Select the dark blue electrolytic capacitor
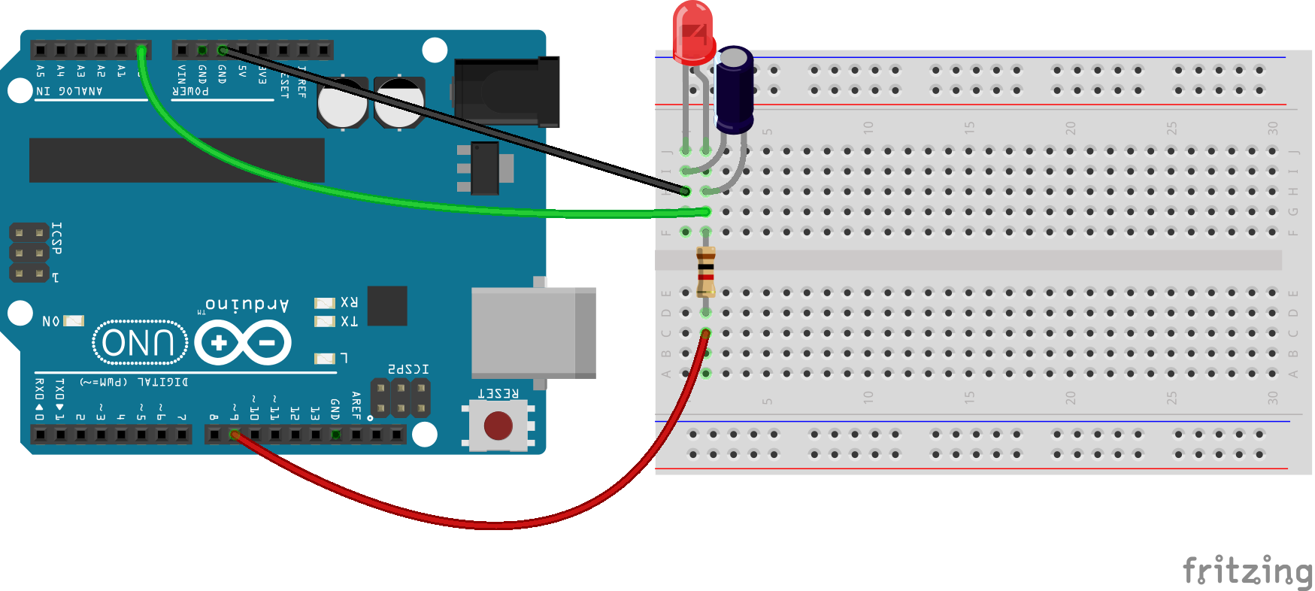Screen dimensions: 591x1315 (x=734, y=90)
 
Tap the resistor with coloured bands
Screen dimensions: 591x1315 (x=705, y=271)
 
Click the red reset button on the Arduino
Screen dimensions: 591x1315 (x=498, y=426)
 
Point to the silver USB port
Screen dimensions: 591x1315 (x=533, y=332)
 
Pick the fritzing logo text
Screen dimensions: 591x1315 (x=1247, y=571)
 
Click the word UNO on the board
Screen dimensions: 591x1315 (x=139, y=343)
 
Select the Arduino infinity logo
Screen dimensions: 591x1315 (x=243, y=343)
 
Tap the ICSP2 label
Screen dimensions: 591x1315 (x=408, y=369)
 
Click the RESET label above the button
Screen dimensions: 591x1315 (x=498, y=393)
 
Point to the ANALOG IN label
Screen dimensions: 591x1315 (x=69, y=91)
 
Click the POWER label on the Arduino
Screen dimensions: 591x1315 (x=191, y=91)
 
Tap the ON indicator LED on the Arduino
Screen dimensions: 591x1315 (x=74, y=321)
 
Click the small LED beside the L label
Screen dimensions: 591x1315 (x=324, y=359)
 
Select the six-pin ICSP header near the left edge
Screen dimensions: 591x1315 (x=29, y=253)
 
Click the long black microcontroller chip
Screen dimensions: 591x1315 (x=177, y=159)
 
